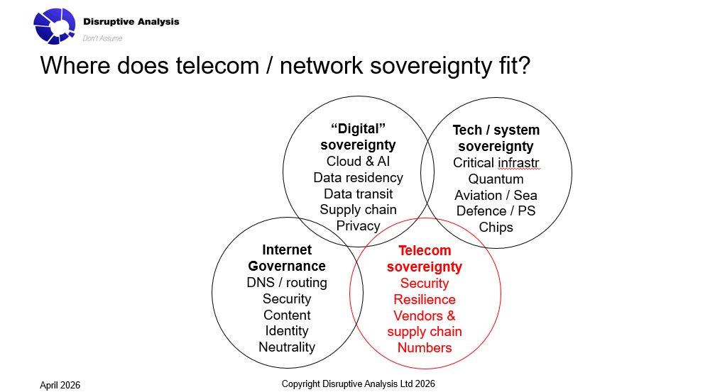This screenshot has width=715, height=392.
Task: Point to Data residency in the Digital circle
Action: (x=358, y=177)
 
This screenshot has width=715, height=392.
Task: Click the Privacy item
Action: (x=358, y=226)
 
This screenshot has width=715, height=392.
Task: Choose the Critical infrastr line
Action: (x=496, y=162)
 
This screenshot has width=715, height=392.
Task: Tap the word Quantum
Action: (x=496, y=179)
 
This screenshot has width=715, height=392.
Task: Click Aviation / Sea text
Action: (x=496, y=195)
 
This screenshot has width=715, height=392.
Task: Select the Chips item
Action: (x=496, y=228)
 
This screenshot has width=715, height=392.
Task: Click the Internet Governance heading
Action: (x=287, y=258)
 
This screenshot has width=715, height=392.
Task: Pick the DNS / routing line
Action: (x=287, y=283)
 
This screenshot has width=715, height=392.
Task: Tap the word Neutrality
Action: (x=287, y=347)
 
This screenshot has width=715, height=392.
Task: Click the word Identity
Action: (x=287, y=331)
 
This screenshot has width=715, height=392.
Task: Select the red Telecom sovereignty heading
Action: (x=425, y=259)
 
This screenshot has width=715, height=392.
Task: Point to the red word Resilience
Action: (x=425, y=299)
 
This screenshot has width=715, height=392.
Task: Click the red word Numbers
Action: (x=425, y=347)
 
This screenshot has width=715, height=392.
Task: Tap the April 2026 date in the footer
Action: (x=60, y=385)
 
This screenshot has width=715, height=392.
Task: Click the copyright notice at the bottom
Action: (x=358, y=383)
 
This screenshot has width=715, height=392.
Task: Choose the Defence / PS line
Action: (x=496, y=211)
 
